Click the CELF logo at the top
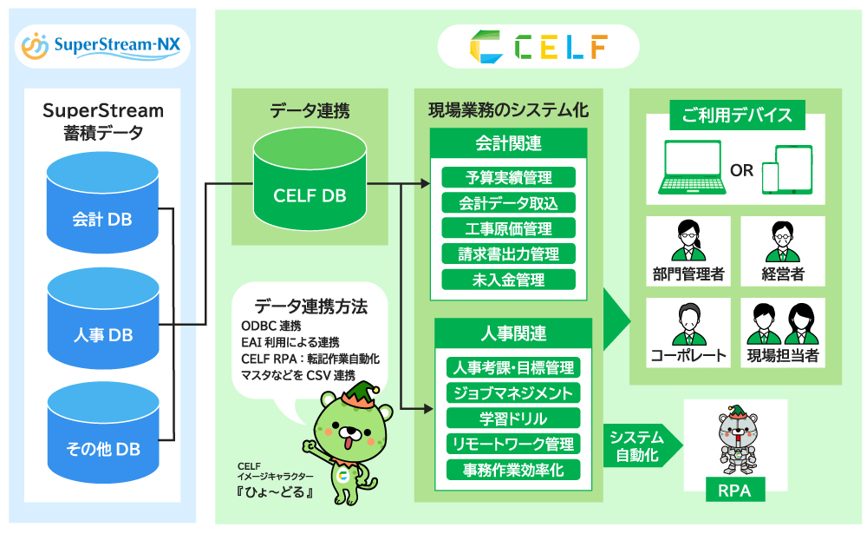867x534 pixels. [538, 46]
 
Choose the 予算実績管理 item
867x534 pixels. [509, 177]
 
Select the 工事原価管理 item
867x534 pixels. [509, 228]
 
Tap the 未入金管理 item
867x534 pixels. [509, 280]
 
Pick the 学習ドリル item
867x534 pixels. [512, 419]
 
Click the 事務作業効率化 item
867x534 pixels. [512, 470]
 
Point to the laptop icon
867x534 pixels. [691, 168]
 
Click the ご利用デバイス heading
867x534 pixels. [737, 115]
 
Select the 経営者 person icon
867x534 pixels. [783, 241]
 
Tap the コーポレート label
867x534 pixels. [688, 356]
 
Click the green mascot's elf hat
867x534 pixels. [355, 395]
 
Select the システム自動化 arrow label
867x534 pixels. [637, 445]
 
